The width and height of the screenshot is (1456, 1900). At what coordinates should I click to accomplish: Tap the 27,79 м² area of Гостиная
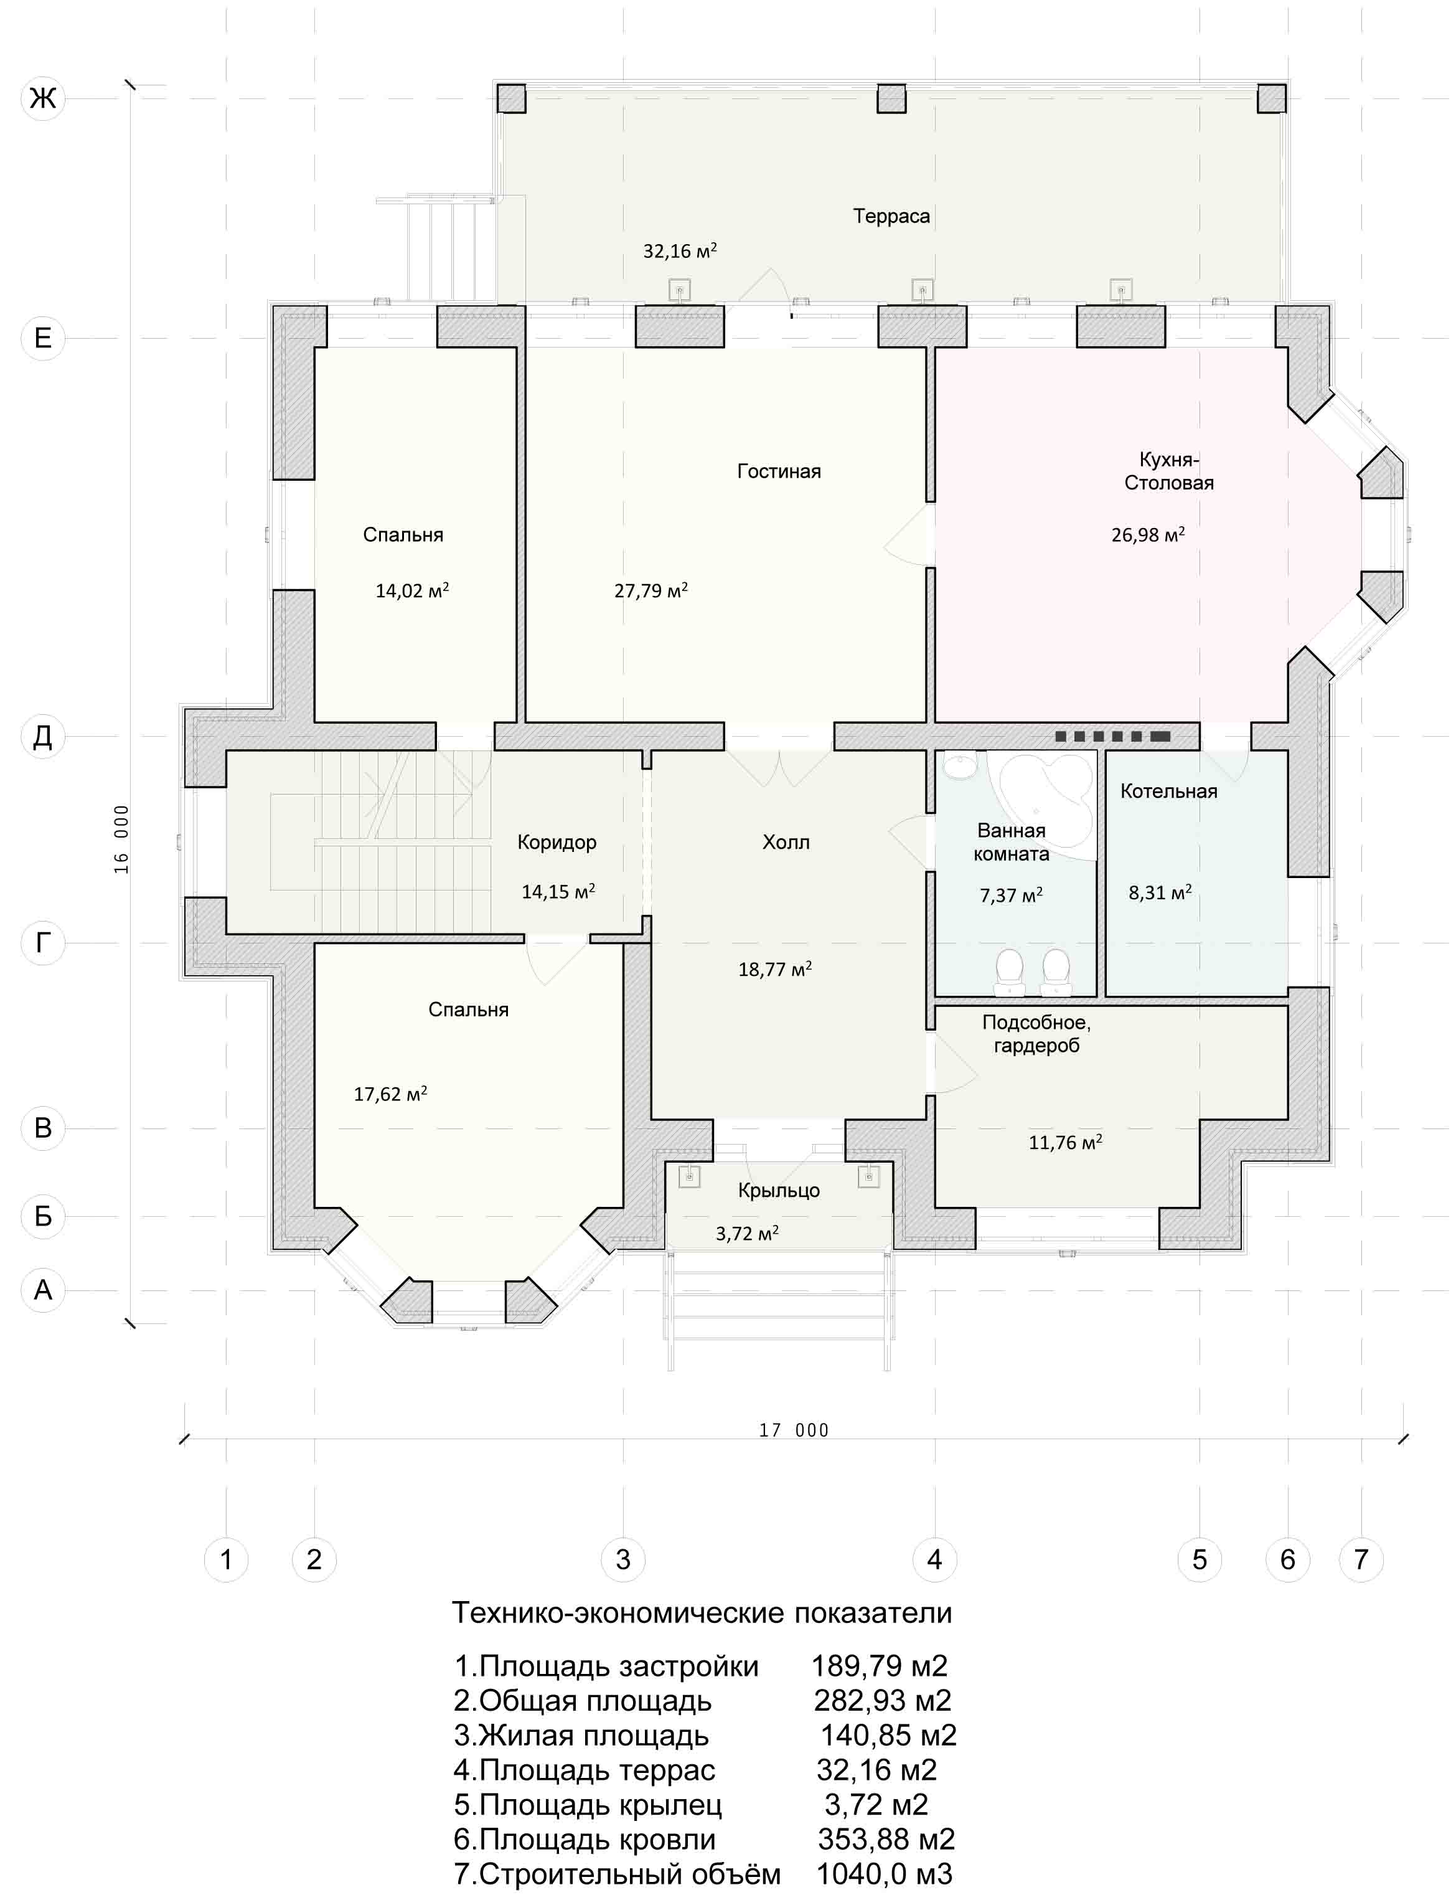(651, 590)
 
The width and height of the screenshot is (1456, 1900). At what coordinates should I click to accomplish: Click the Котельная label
(1168, 792)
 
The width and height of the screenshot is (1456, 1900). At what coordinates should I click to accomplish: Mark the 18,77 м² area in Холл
(775, 969)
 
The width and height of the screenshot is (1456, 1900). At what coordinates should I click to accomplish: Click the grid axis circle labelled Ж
(42, 98)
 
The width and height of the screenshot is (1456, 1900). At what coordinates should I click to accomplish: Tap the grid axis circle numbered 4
(934, 1559)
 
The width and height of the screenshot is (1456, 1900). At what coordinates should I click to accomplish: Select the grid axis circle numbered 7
(1361, 1559)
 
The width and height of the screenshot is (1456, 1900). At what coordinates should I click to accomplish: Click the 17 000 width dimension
(794, 1430)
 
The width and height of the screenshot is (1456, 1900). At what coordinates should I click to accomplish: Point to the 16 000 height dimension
(121, 839)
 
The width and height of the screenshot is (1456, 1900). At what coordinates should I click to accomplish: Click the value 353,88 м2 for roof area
(886, 1840)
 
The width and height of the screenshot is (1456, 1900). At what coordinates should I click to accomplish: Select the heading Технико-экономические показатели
(702, 1613)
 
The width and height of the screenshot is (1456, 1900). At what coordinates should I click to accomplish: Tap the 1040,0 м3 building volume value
(884, 1874)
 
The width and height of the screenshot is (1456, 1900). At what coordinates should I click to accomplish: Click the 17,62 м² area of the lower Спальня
(390, 1094)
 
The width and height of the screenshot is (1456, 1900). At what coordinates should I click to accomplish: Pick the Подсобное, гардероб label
(1036, 1034)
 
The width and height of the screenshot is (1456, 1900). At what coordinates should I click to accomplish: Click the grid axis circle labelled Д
(42, 736)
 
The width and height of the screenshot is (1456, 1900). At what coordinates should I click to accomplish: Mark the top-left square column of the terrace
(510, 98)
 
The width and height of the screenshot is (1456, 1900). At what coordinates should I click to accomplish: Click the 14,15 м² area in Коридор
(558, 891)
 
